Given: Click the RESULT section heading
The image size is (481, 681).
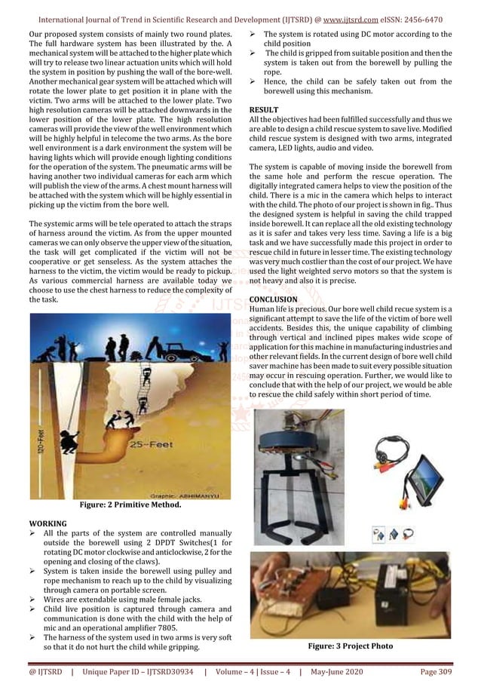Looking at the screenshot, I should click(x=265, y=110).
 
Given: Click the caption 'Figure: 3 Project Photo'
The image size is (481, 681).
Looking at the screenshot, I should click(x=350, y=646).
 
